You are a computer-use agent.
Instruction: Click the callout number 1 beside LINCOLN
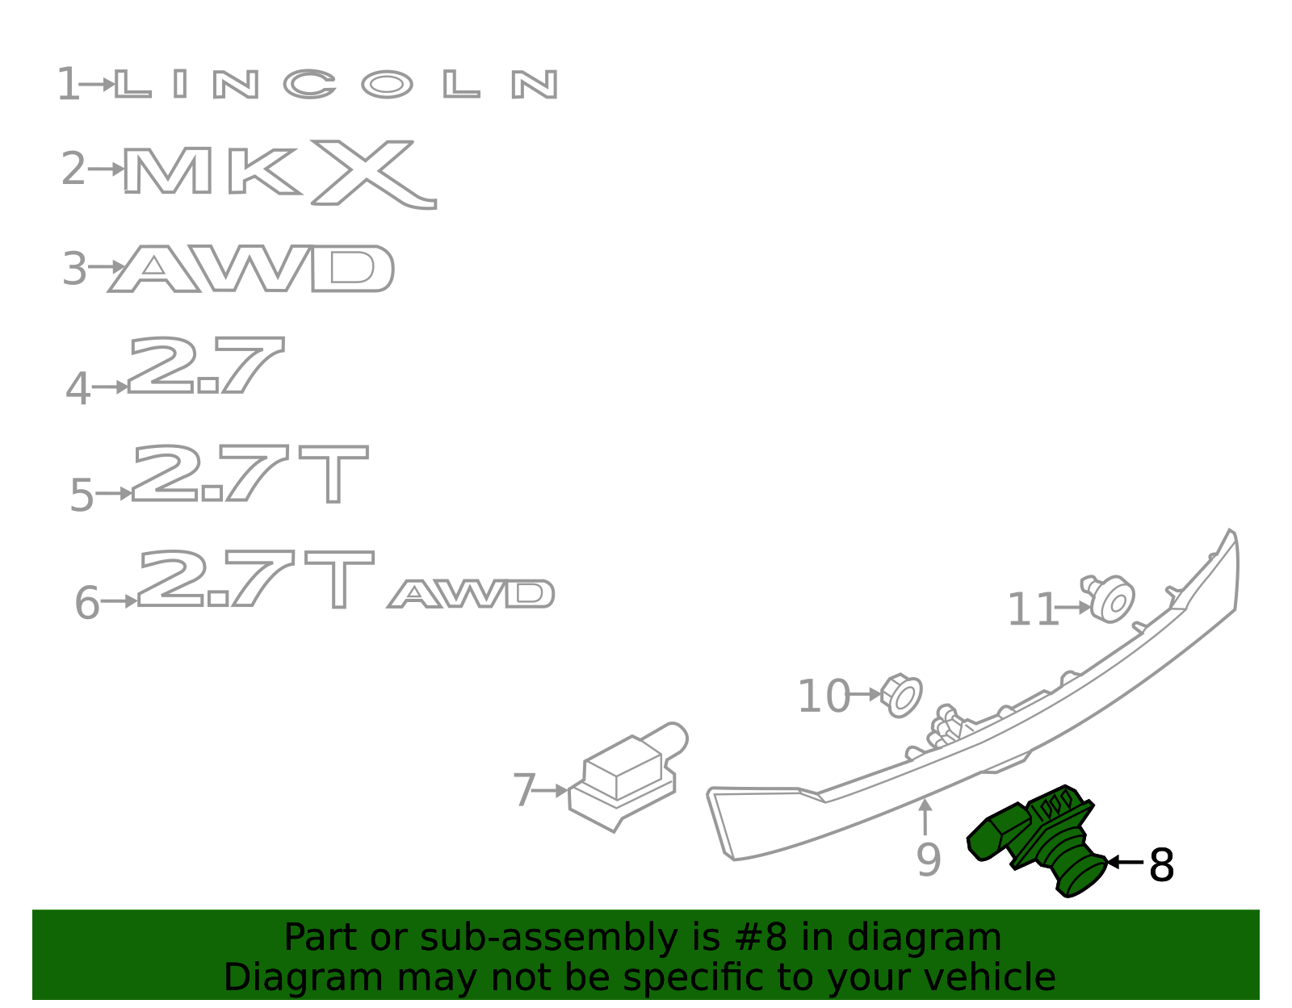(69, 84)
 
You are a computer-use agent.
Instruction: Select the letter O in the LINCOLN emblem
(387, 85)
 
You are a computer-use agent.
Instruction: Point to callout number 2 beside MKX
(73, 169)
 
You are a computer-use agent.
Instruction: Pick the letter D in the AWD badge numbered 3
(353, 269)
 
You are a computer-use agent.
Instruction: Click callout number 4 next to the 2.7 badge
(78, 388)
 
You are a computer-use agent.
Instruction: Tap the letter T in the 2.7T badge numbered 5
(333, 474)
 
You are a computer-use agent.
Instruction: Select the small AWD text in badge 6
(471, 593)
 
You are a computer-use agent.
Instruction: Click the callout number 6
(87, 602)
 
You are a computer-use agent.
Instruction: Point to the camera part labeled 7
(628, 777)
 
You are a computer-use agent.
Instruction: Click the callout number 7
(524, 790)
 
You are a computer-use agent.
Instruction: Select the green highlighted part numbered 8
(1037, 840)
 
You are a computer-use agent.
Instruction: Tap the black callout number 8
(1161, 865)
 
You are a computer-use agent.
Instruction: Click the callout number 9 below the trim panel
(929, 860)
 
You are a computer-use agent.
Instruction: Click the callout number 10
(824, 696)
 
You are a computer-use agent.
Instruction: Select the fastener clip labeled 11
(1108, 598)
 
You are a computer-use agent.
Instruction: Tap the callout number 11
(1033, 609)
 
